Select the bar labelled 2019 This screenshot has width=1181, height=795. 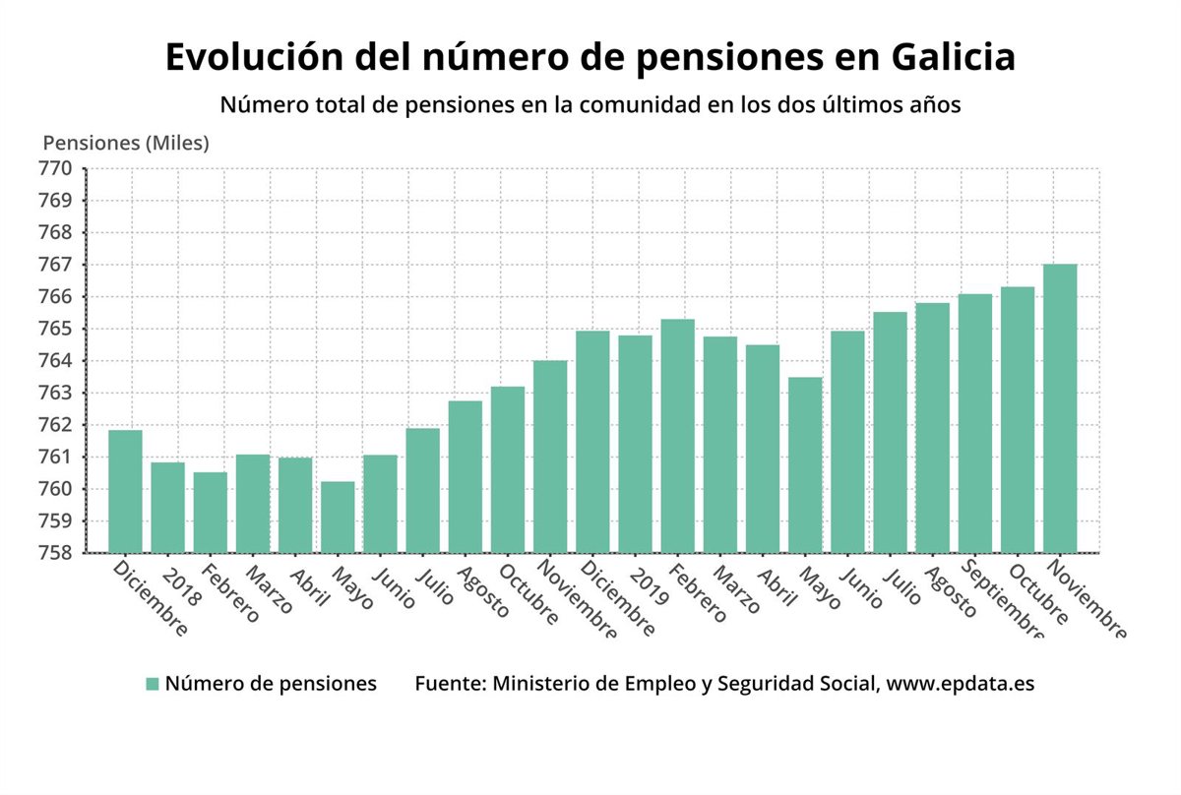coord(635,444)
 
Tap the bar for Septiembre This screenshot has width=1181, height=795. coord(975,423)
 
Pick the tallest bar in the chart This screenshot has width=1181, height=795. coord(1060,408)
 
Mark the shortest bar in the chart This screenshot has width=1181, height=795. coord(338,517)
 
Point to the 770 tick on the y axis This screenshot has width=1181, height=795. coord(56,168)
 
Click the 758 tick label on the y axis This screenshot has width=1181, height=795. coord(56,553)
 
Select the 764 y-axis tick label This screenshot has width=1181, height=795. coord(56,361)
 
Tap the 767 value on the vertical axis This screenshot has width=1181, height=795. coord(56,265)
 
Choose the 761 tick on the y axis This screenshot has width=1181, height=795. coord(56,457)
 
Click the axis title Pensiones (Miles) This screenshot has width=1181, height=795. coord(126,143)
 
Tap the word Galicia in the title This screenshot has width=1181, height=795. coord(954,57)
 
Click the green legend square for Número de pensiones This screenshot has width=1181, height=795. coord(152,684)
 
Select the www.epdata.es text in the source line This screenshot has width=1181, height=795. coord(960,684)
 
